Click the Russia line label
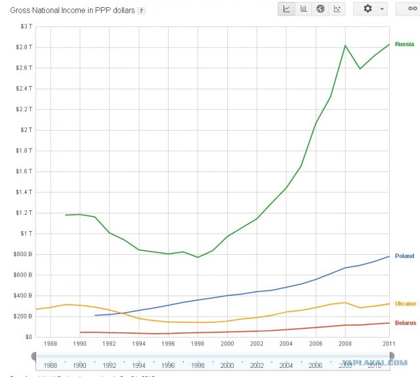point(404,44)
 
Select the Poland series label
point(404,256)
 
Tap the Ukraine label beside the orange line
point(405,303)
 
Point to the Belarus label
point(405,323)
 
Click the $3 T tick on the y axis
point(25,26)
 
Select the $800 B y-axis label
point(22,254)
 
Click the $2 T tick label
point(25,130)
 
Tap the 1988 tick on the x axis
point(49,343)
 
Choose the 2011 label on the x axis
point(389,343)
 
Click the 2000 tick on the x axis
point(227,343)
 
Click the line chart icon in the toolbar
point(287,9)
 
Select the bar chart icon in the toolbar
point(304,9)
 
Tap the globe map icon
point(321,9)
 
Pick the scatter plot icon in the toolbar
point(337,9)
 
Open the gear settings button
point(371,9)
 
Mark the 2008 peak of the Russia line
point(345,45)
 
